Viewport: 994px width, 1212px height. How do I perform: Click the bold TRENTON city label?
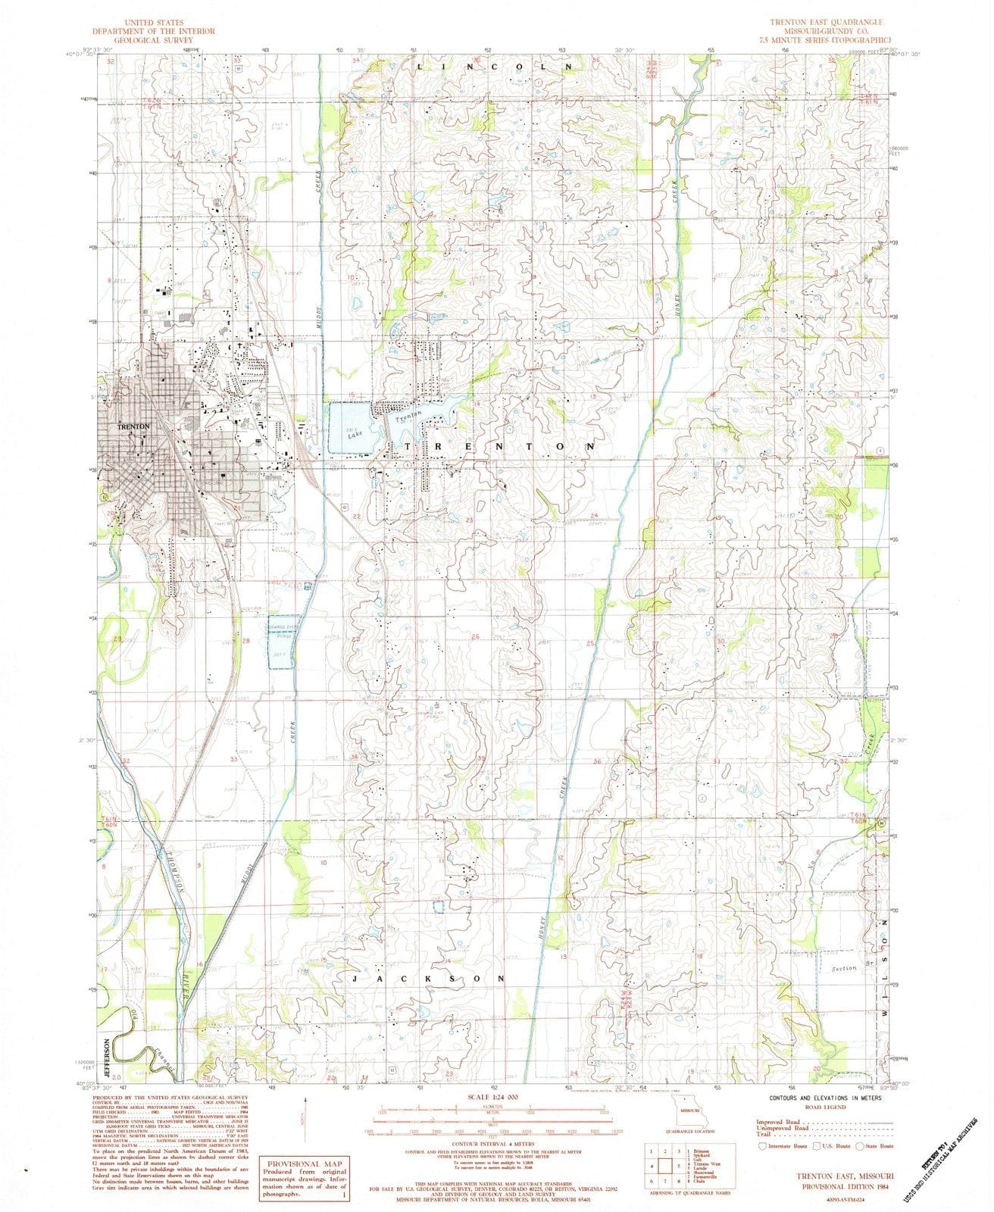tap(135, 427)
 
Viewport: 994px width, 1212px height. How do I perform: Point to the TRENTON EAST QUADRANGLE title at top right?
tap(826, 23)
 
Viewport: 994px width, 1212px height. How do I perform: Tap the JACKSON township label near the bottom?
tap(429, 979)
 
